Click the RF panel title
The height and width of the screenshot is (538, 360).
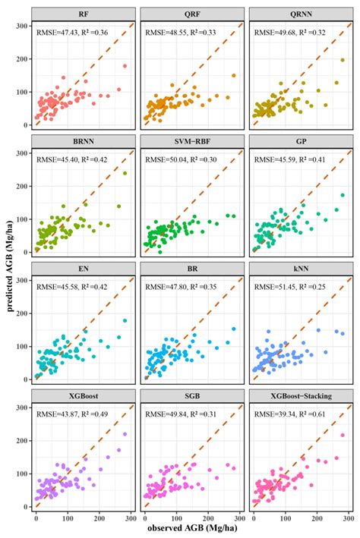(x=82, y=15)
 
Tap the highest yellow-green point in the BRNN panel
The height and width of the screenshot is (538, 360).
(x=125, y=173)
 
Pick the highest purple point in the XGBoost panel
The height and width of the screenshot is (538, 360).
(x=125, y=435)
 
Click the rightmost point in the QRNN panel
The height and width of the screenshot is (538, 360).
(x=342, y=61)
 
